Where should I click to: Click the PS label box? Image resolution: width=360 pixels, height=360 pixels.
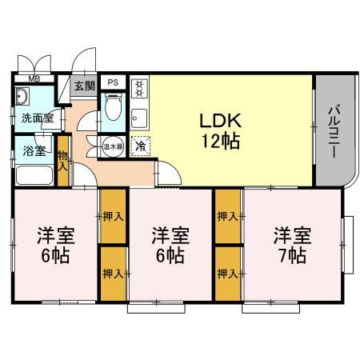pyautogui.click(x=113, y=82)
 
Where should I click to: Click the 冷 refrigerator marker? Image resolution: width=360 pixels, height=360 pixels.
pyautogui.click(x=139, y=146)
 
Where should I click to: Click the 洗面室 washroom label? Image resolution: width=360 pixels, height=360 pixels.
pyautogui.click(x=37, y=118)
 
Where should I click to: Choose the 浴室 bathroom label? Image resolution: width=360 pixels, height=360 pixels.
pyautogui.click(x=34, y=149)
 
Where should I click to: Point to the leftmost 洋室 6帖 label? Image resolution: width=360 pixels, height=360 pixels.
pyautogui.click(x=54, y=245)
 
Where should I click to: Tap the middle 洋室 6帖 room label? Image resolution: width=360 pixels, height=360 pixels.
pyautogui.click(x=170, y=245)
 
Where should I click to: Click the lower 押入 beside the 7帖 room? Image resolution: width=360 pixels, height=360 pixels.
pyautogui.click(x=227, y=273)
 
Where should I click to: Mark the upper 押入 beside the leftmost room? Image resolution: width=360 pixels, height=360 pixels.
pyautogui.click(x=112, y=216)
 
